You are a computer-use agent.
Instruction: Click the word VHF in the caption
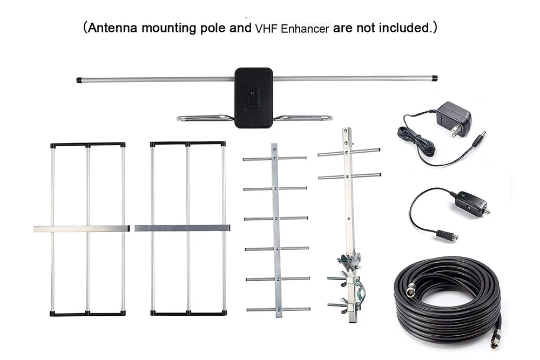[266, 29]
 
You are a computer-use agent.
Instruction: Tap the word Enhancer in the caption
[305, 29]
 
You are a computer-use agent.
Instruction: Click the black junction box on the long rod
[254, 98]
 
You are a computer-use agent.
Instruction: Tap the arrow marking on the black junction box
[252, 116]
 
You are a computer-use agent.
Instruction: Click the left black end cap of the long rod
[79, 80]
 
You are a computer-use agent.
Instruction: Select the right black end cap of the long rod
[435, 78]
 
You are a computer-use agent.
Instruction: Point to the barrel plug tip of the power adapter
[481, 138]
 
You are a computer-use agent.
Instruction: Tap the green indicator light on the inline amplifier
[464, 196]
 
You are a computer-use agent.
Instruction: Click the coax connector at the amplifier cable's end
[447, 236]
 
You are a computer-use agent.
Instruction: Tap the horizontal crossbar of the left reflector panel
[82, 228]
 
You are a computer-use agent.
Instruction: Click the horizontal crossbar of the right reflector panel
[182, 228]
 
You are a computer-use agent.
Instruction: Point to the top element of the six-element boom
[274, 159]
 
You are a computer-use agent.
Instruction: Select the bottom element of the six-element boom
[278, 309]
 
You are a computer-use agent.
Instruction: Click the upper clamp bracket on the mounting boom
[349, 261]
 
